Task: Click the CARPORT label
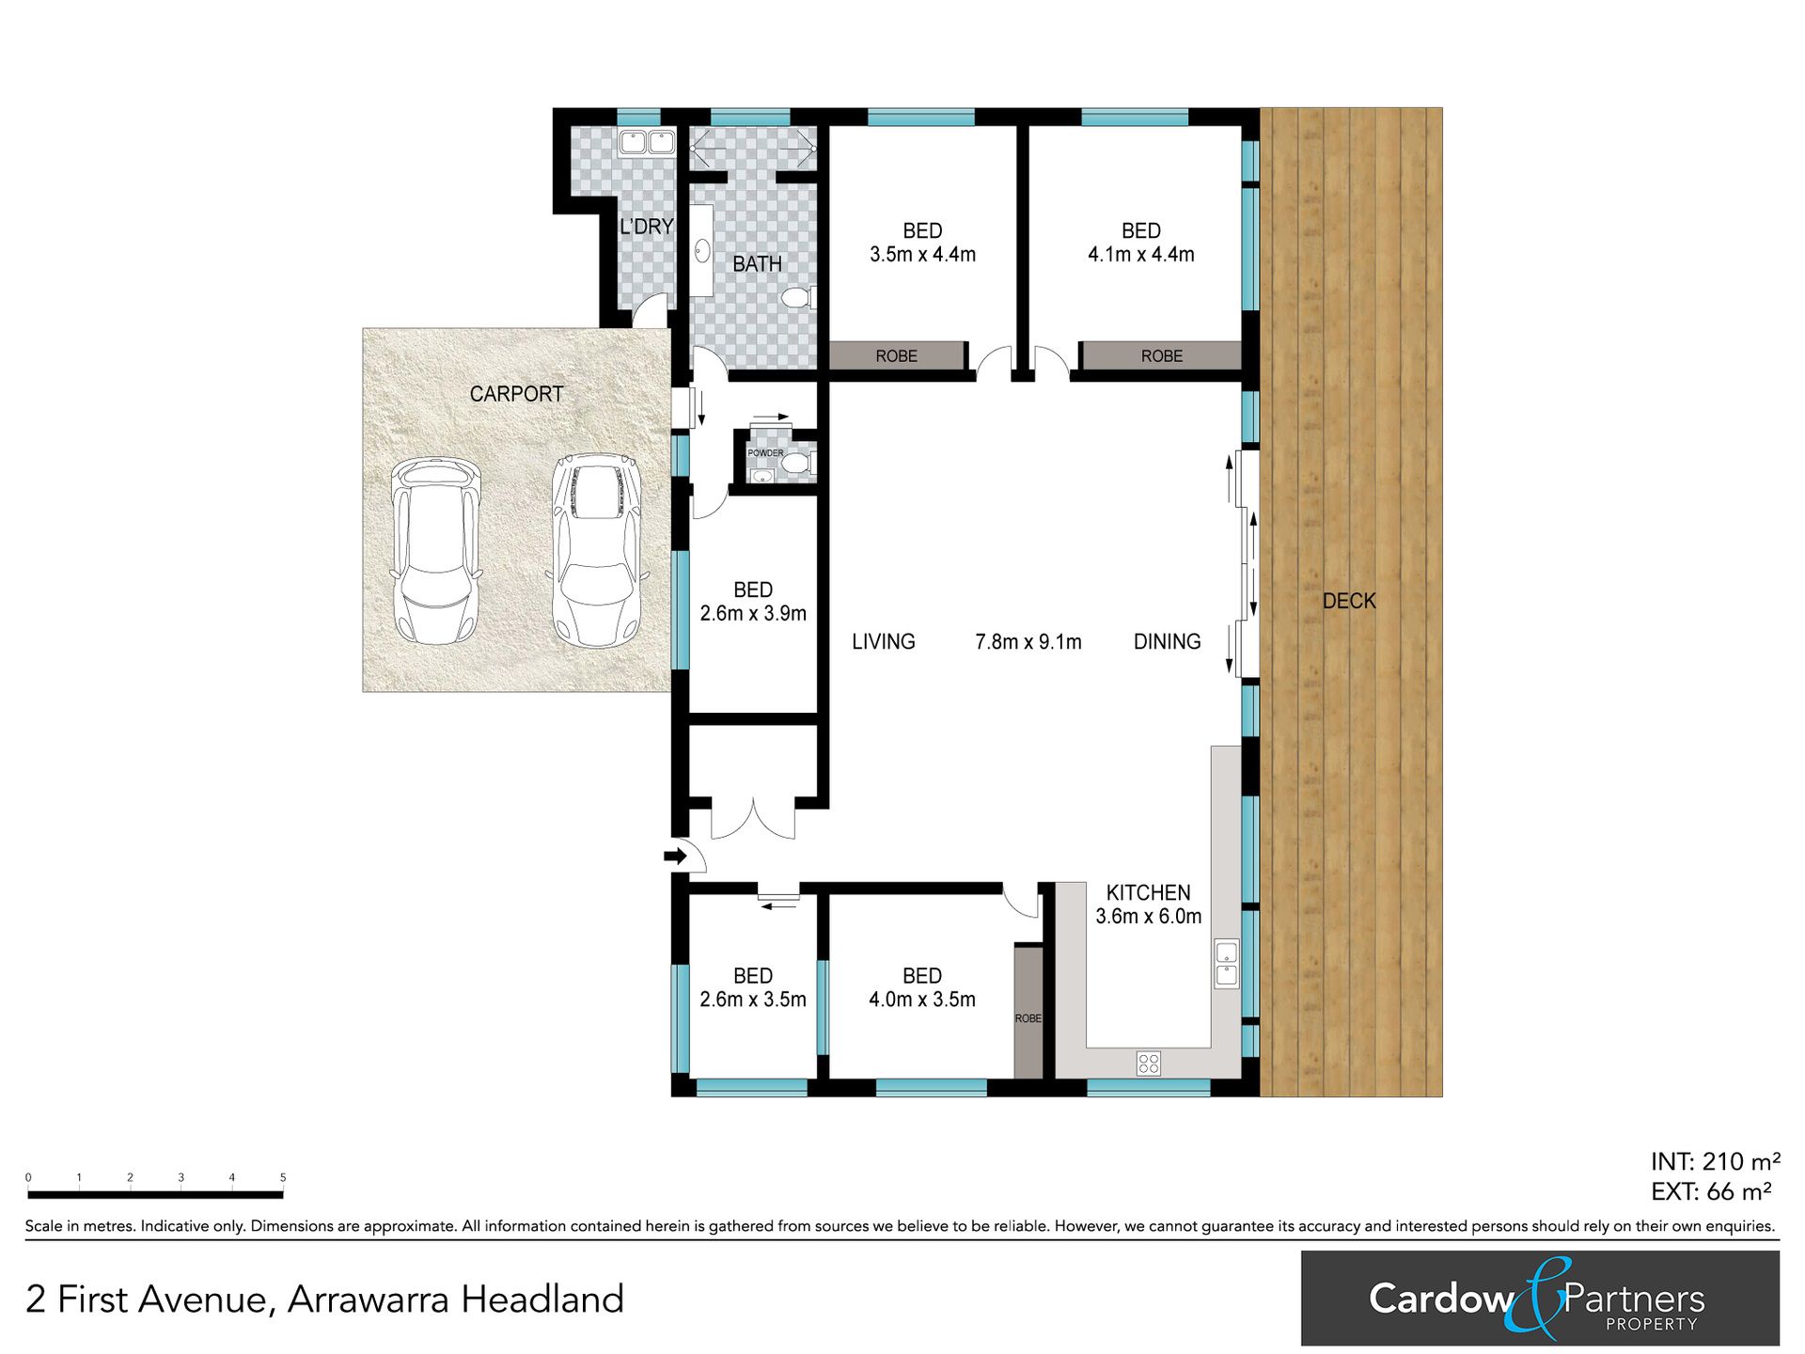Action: [x=516, y=394]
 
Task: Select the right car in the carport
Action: [x=597, y=551]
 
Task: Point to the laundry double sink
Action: [x=646, y=143]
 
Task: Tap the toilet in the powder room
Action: [x=798, y=463]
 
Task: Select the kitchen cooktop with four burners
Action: [x=1149, y=1063]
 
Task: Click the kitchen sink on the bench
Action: [x=1227, y=963]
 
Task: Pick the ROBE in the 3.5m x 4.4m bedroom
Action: [x=897, y=356]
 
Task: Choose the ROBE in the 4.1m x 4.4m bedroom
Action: [x=1162, y=356]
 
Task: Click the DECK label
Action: [x=1349, y=601]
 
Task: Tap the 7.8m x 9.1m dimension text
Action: [x=1028, y=641]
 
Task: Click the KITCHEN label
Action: [x=1148, y=892]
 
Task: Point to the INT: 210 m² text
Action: [x=1716, y=1161]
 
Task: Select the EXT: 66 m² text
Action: [x=1711, y=1191]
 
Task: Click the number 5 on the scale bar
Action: [x=283, y=1177]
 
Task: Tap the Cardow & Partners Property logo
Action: [x=1540, y=1299]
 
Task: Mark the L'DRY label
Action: [x=646, y=227]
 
